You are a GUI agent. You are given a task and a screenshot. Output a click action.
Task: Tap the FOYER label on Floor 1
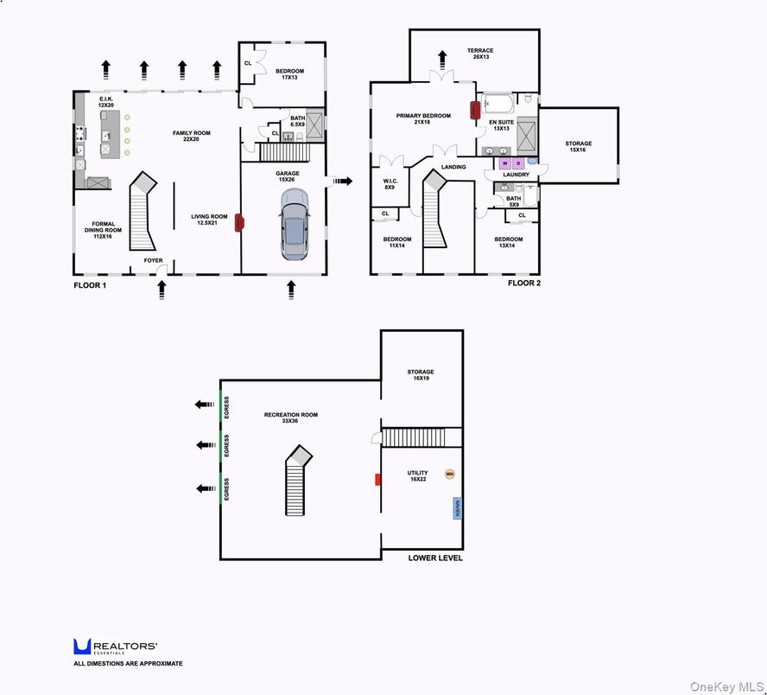tap(153, 260)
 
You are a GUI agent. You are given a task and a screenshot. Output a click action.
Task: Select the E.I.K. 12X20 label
tap(106, 102)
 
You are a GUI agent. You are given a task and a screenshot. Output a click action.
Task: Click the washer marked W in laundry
tap(504, 163)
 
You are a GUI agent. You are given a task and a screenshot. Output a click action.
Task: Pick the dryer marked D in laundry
tap(518, 163)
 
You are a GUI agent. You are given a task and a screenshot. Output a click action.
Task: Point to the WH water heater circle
tap(449, 473)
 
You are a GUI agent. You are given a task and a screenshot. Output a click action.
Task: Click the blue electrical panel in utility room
tap(456, 507)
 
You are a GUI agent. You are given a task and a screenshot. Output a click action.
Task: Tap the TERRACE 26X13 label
tap(479, 54)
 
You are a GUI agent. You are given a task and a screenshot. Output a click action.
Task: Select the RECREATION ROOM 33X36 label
tap(291, 418)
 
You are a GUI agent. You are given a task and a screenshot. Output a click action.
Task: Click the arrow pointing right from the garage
tap(343, 181)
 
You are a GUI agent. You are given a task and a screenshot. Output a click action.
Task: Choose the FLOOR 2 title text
tap(524, 283)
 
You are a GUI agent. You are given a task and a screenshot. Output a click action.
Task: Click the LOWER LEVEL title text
tap(434, 558)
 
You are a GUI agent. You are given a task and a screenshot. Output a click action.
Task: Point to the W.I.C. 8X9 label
tap(389, 184)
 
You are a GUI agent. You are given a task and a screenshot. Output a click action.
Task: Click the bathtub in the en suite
tap(497, 105)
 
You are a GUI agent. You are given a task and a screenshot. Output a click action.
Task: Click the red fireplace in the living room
tap(238, 221)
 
